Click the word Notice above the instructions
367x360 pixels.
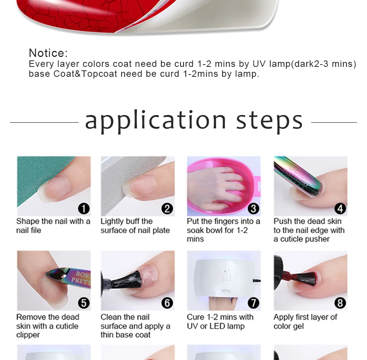pyautogui.click(x=48, y=53)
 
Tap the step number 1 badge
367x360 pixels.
pyautogui.click(x=84, y=209)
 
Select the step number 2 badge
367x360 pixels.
pyautogui.click(x=167, y=209)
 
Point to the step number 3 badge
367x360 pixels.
pyautogui.click(x=253, y=209)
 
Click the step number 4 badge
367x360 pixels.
pyautogui.click(x=340, y=209)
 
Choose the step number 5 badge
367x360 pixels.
pyautogui.click(x=84, y=303)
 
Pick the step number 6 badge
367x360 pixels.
pyautogui.click(x=167, y=303)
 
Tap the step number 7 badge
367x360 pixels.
pyautogui.click(x=253, y=303)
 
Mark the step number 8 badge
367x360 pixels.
pyautogui.click(x=340, y=303)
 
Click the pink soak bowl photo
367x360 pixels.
pyautogui.click(x=224, y=186)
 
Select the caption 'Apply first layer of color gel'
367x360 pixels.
pyautogui.click(x=305, y=322)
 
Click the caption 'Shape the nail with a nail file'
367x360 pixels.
pyautogui.click(x=54, y=226)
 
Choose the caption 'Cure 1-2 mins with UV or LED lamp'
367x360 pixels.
pyautogui.click(x=220, y=322)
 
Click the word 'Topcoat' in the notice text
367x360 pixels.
pyautogui.click(x=99, y=74)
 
